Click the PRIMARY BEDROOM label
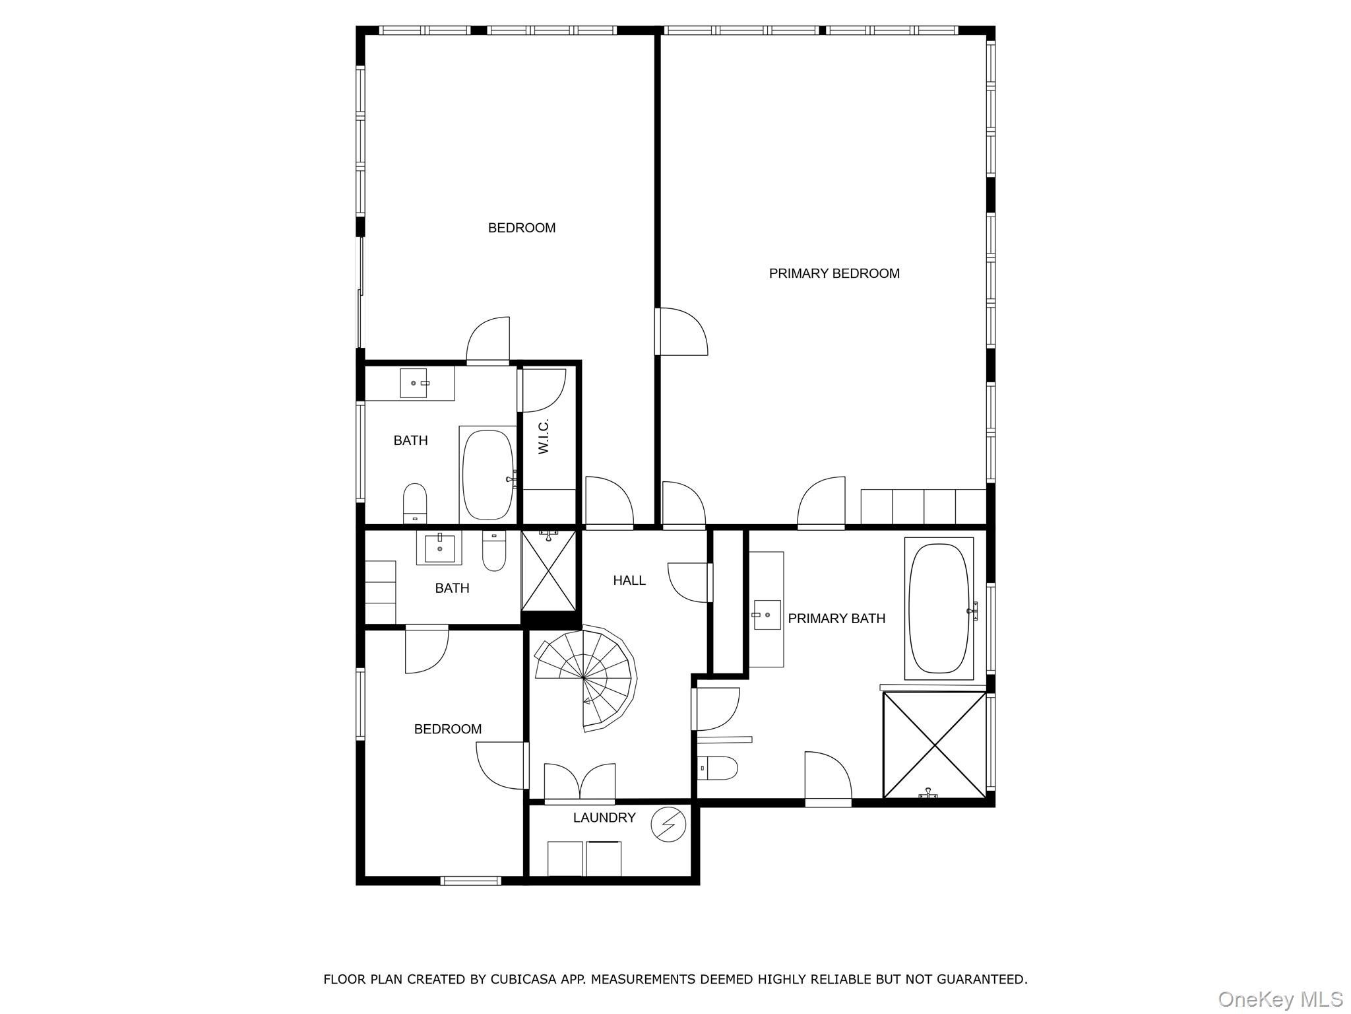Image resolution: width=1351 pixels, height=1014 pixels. tap(834, 273)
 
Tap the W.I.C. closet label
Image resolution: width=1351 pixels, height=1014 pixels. tap(544, 436)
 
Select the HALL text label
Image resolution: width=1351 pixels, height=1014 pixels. tap(629, 580)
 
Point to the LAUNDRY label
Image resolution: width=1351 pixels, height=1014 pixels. tap(604, 817)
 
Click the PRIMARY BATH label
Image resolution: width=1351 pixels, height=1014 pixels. tap(836, 619)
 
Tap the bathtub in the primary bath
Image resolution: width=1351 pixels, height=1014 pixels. tap(939, 608)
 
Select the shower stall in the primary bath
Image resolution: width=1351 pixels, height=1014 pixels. tap(935, 745)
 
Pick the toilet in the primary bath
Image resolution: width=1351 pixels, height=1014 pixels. tap(718, 768)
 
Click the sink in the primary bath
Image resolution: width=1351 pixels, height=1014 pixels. tap(767, 615)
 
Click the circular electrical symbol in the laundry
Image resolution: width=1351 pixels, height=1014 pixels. tap(668, 825)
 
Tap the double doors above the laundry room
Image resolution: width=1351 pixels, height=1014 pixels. tap(579, 783)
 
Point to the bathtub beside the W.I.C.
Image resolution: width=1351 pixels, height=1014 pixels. tap(488, 475)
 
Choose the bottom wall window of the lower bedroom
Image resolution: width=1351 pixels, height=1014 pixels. tap(470, 880)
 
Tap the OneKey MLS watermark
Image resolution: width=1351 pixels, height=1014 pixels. tap(1280, 999)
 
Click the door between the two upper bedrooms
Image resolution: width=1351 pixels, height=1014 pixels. tap(681, 331)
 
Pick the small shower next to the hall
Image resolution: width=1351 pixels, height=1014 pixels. tap(548, 570)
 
